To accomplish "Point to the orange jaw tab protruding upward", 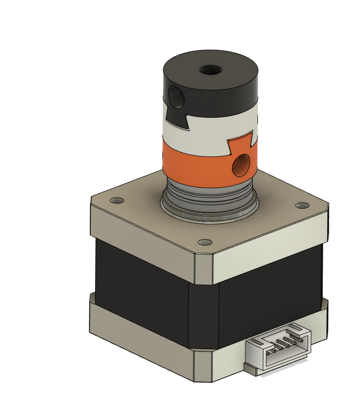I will click(x=240, y=143).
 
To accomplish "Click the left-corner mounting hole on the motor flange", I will click(x=117, y=201).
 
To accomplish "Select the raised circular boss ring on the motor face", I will click(x=210, y=211).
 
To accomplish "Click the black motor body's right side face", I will click(x=270, y=290).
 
